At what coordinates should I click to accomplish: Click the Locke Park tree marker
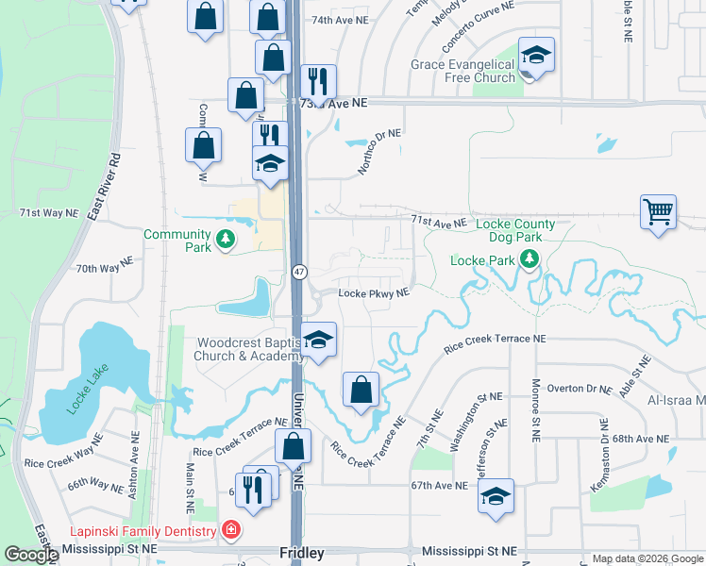tap(529, 259)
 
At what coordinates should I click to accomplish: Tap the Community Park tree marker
tap(225, 241)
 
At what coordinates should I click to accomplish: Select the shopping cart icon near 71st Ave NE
tap(658, 211)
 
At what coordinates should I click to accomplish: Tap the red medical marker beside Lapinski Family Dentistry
tap(228, 531)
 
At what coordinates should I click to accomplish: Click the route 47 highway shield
tap(299, 272)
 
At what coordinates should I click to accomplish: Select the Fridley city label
tap(302, 553)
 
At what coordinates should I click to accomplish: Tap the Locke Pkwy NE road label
tap(374, 293)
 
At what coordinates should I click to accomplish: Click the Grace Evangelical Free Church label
tap(462, 71)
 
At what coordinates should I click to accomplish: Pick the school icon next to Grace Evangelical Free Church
tap(535, 57)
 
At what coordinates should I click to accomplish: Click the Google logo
tap(30, 555)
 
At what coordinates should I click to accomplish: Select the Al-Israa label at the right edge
tap(678, 400)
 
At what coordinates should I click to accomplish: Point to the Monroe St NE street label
tap(535, 411)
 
